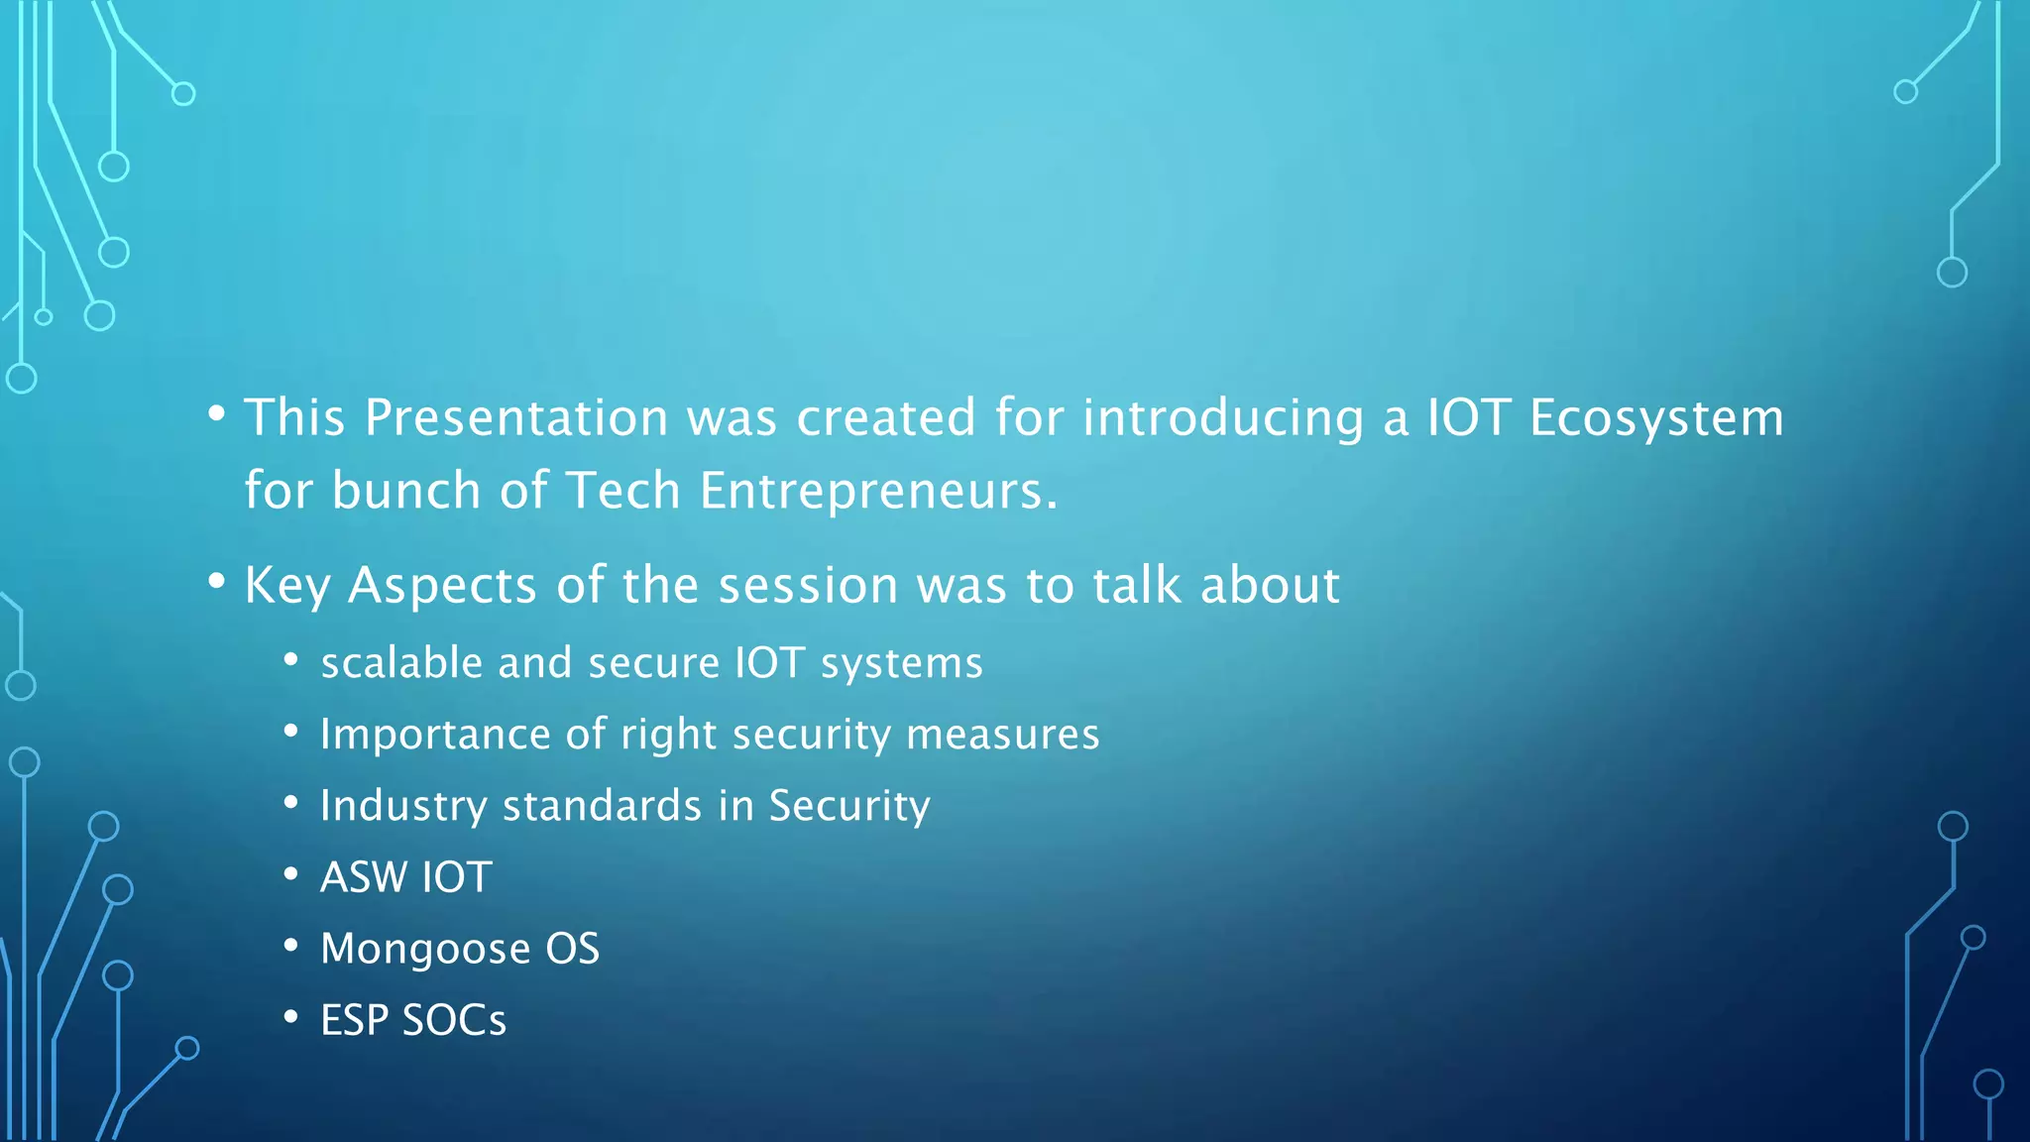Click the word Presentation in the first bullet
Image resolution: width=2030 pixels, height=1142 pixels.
coord(516,418)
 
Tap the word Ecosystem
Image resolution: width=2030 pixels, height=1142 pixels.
coord(1656,418)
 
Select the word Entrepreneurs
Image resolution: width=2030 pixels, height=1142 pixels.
coord(878,491)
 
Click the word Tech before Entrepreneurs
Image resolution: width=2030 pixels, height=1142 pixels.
coord(622,491)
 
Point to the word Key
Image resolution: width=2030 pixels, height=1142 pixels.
coord(286,586)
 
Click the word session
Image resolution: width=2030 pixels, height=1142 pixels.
coord(808,586)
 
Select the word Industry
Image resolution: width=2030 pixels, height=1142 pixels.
coord(402,806)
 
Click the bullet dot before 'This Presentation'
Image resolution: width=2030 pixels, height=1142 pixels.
coord(216,414)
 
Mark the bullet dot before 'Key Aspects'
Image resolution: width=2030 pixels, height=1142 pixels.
coord(216,583)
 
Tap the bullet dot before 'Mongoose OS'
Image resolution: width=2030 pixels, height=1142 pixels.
coord(290,946)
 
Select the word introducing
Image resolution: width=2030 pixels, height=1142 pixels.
coord(1222,418)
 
